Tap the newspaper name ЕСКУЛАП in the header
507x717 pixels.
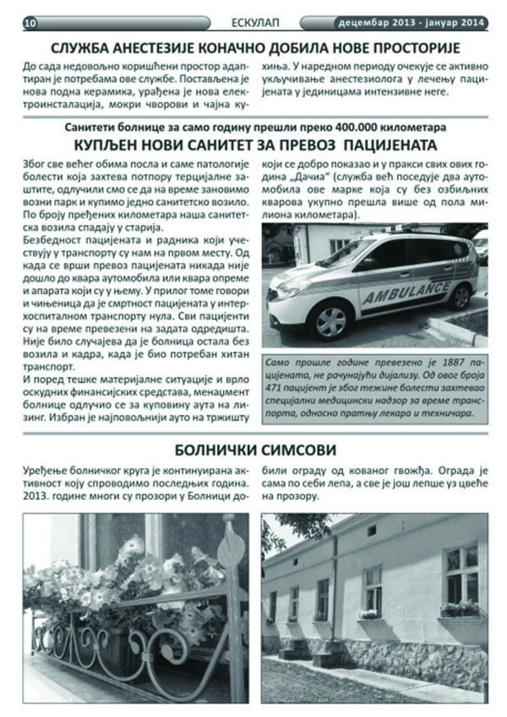tap(253, 22)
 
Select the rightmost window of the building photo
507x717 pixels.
tap(461, 575)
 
